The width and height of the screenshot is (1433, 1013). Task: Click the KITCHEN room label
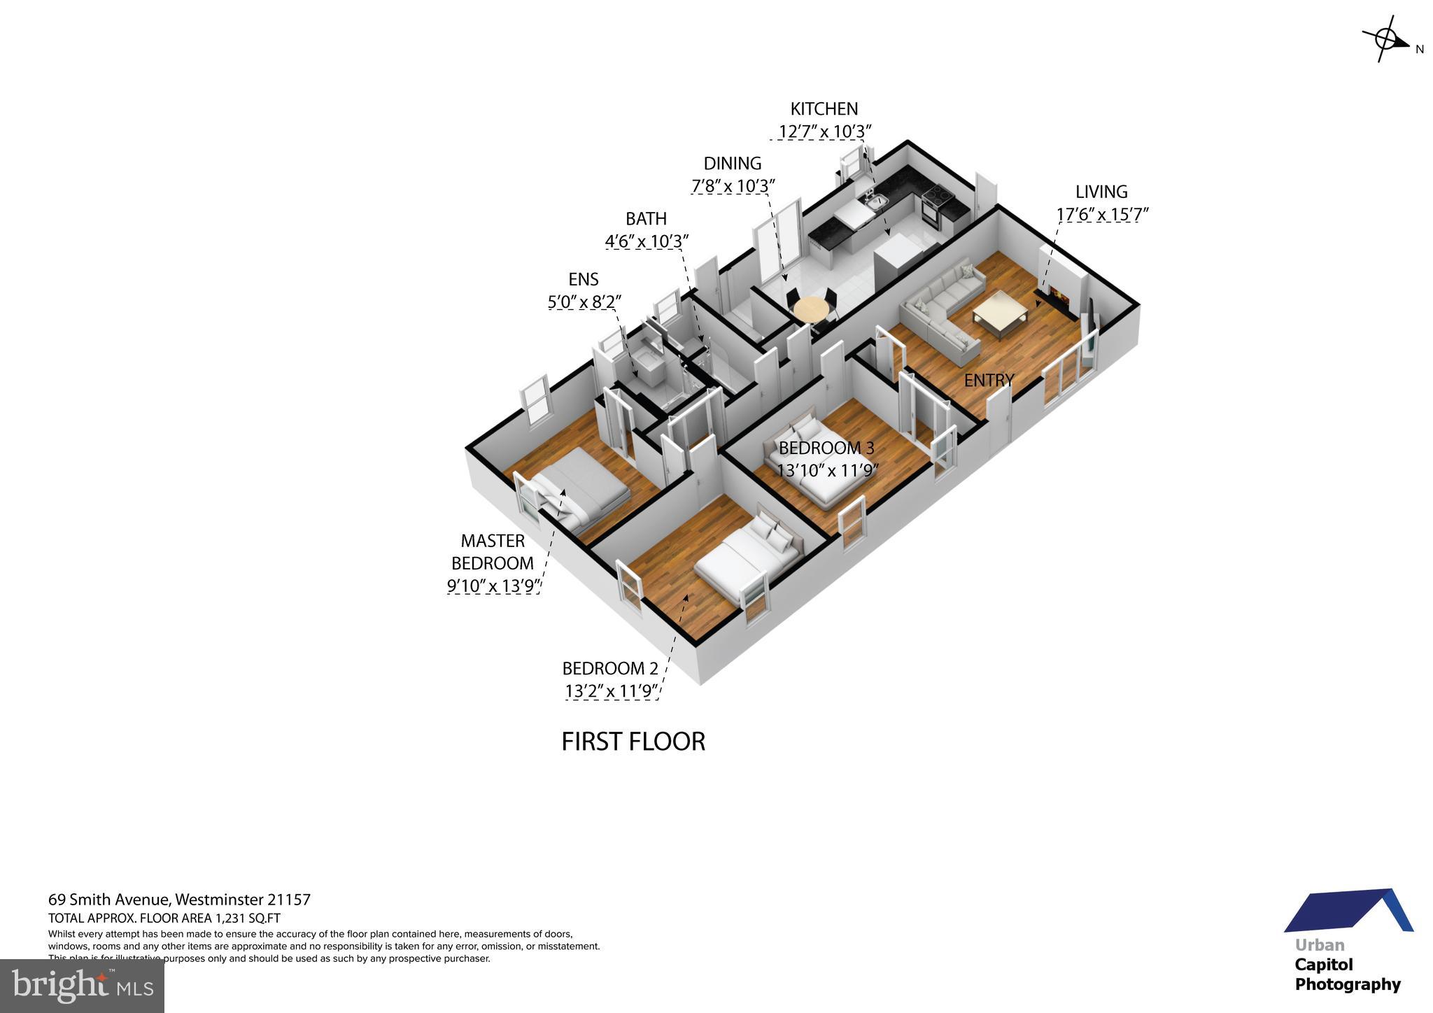pos(824,109)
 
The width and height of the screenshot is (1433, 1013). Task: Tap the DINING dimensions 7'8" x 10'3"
pos(733,187)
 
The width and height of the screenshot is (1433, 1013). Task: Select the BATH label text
pos(646,219)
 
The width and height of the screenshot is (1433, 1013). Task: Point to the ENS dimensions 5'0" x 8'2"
pos(584,302)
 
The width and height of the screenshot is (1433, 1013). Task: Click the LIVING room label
pos(1101,192)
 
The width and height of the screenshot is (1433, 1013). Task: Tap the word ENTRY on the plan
pos(989,381)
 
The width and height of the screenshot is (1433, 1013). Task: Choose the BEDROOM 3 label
pos(826,448)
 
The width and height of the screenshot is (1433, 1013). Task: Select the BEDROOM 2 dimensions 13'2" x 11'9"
pos(611,691)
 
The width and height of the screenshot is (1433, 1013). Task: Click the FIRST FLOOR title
pos(633,742)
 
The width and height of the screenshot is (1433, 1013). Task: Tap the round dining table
pos(811,309)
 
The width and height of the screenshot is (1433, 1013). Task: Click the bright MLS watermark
pos(82,986)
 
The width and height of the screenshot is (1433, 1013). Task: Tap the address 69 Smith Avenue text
pos(109,900)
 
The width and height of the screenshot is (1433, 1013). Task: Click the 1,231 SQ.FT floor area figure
pos(248,919)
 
